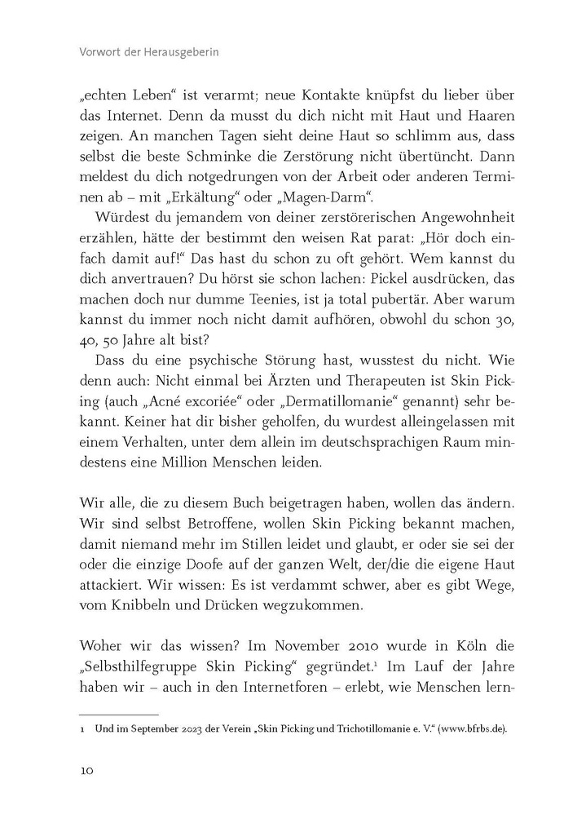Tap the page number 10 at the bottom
88,771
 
